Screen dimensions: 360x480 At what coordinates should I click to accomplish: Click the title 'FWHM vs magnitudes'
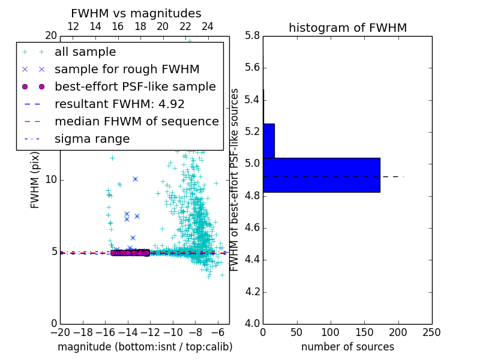136,13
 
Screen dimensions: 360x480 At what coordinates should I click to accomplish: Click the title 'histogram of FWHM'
347,28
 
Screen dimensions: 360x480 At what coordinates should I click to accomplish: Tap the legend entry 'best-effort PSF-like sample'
135,86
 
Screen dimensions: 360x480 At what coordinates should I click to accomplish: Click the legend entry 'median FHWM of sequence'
136,121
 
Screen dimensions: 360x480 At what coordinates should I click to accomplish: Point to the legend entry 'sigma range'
92,139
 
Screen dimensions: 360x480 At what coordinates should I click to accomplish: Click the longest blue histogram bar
321,175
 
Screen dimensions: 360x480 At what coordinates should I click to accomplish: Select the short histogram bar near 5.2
268,140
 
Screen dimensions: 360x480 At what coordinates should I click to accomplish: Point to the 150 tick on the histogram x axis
364,332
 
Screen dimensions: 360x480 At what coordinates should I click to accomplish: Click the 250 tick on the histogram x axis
431,332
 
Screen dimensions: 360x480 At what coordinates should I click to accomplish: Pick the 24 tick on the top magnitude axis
207,26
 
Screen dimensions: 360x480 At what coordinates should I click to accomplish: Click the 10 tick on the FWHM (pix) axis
51,179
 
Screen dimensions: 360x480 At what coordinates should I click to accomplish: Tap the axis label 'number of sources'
347,347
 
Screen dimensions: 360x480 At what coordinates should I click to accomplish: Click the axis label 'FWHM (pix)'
35,179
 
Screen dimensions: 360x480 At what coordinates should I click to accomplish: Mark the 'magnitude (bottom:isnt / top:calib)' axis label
145,347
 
